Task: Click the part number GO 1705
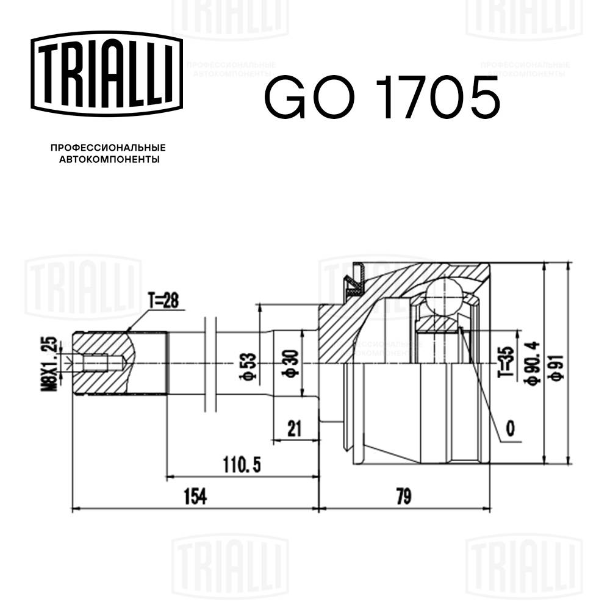pyautogui.click(x=382, y=98)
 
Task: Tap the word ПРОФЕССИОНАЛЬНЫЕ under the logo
pyautogui.click(x=108, y=148)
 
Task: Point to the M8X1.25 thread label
pyautogui.click(x=52, y=364)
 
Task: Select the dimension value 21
pyautogui.click(x=295, y=429)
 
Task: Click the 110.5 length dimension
pyautogui.click(x=242, y=466)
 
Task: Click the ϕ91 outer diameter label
pyautogui.click(x=556, y=365)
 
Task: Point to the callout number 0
pyautogui.click(x=510, y=429)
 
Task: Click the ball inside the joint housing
pyautogui.click(x=443, y=296)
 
